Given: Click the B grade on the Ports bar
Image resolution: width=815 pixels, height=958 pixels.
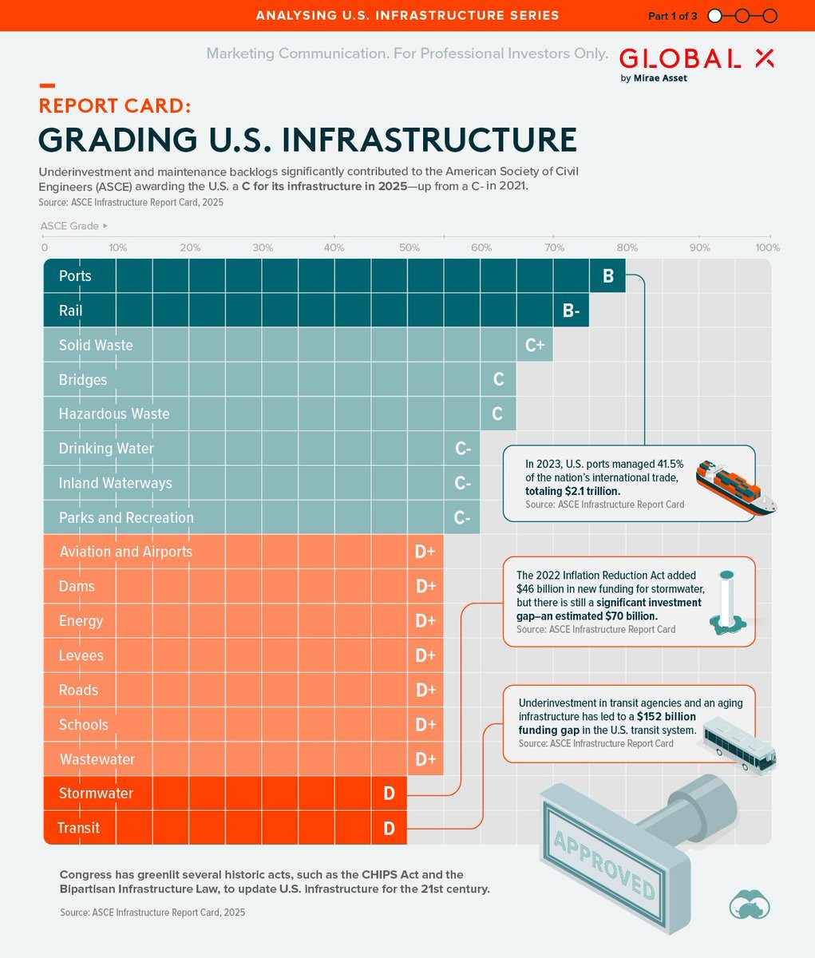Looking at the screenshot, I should pyautogui.click(x=607, y=276).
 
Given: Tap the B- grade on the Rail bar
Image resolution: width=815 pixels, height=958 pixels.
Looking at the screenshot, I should pyautogui.click(x=571, y=311).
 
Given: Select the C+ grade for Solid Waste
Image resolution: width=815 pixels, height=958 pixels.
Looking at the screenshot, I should pyautogui.click(x=535, y=346).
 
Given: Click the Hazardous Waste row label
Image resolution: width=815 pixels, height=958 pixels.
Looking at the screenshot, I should pyautogui.click(x=114, y=414).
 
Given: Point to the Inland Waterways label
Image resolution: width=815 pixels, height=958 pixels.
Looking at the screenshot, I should pyautogui.click(x=115, y=483).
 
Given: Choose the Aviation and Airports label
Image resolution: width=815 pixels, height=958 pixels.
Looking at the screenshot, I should pyautogui.click(x=126, y=552).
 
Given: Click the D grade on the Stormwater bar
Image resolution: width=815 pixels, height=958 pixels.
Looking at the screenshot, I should pyautogui.click(x=389, y=794).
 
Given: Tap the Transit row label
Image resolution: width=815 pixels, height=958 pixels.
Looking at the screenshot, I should pyautogui.click(x=78, y=828).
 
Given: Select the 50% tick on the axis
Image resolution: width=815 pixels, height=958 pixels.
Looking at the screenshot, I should pyautogui.click(x=409, y=247).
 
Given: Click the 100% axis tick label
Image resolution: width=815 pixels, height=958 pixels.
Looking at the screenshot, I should pyautogui.click(x=767, y=247).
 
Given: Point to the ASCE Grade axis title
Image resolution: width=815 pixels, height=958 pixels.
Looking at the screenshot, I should pyautogui.click(x=70, y=226).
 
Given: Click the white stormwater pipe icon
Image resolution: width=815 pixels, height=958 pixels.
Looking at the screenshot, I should pyautogui.click(x=726, y=604).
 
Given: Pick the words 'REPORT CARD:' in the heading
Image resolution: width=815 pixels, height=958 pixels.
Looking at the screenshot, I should pyautogui.click(x=114, y=106).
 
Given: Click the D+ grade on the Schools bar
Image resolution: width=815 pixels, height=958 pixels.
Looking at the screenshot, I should pyautogui.click(x=425, y=725).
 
